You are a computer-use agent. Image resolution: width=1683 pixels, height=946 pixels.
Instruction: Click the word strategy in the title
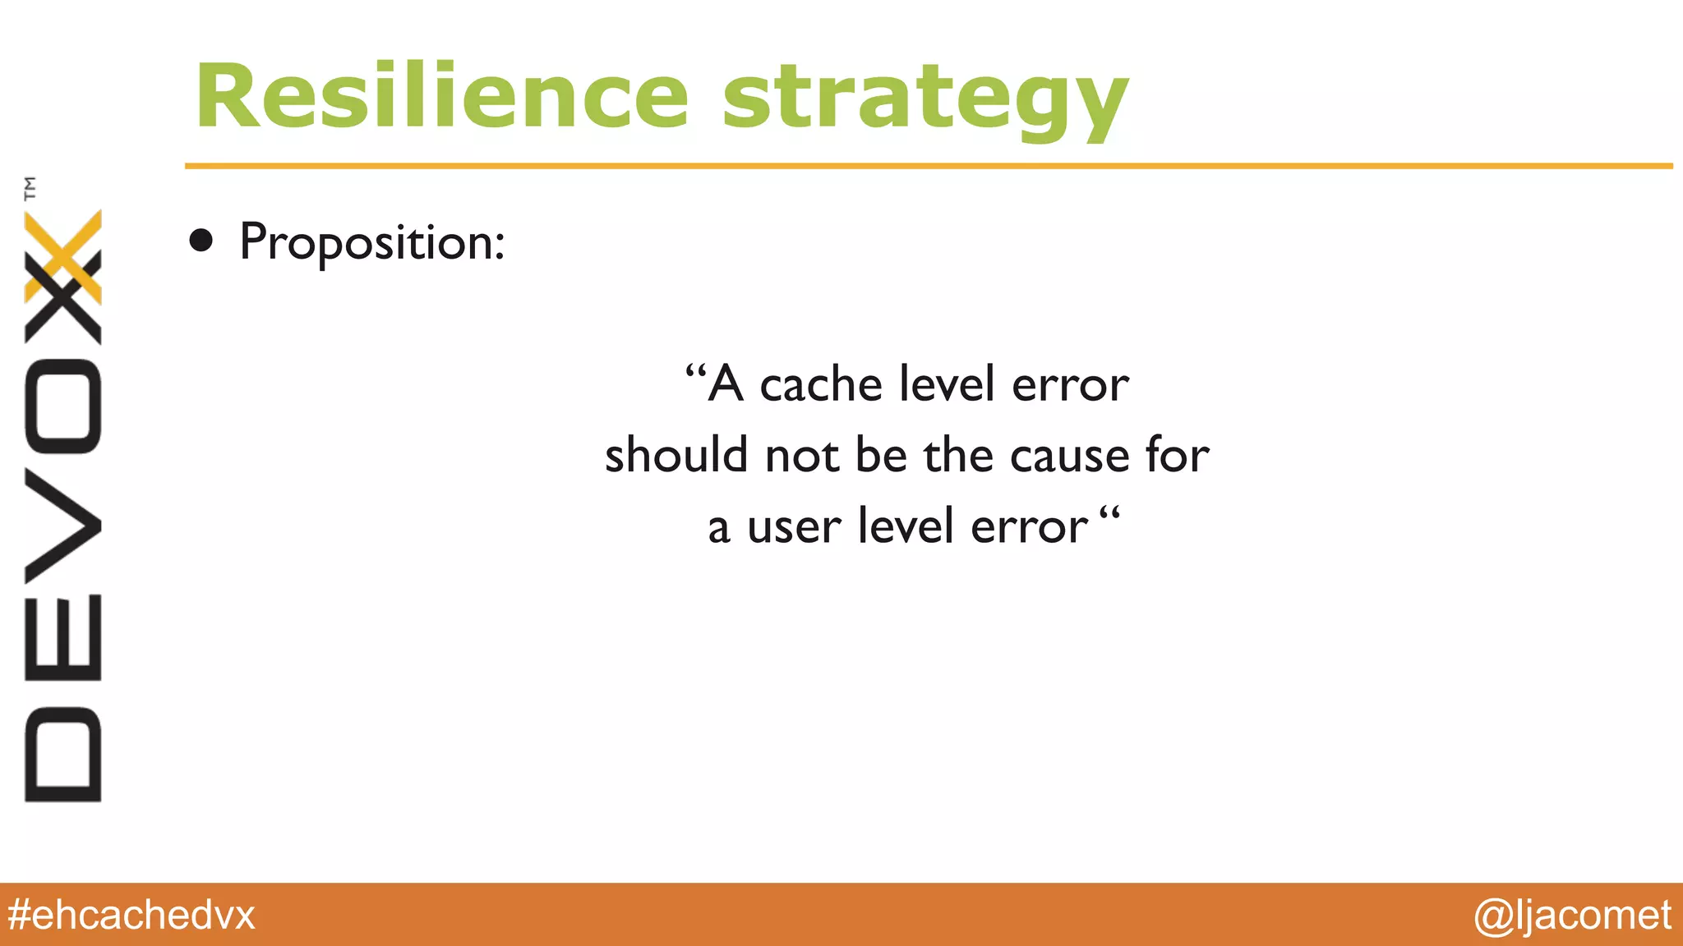(x=924, y=101)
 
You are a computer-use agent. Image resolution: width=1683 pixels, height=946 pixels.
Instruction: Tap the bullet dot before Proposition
(x=201, y=241)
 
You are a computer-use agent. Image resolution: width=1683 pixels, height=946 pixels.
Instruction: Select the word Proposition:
(x=371, y=243)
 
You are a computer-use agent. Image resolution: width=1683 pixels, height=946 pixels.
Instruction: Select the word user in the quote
(x=794, y=526)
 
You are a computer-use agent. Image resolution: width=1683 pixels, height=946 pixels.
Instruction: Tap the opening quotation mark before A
(x=695, y=374)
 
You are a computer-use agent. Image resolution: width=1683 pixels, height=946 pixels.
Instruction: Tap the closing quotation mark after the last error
(x=1109, y=517)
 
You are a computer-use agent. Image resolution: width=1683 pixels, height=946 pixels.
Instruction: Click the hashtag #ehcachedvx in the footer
(x=131, y=915)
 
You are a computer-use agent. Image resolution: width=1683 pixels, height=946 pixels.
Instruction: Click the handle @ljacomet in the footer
(x=1572, y=915)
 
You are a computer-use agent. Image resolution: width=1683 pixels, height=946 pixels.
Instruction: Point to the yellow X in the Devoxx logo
(x=64, y=256)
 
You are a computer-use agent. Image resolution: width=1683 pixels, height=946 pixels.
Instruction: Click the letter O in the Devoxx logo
(x=63, y=406)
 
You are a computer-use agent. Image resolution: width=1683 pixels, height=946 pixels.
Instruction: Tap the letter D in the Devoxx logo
(x=63, y=754)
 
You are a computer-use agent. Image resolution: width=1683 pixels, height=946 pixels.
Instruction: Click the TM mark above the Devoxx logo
(x=30, y=188)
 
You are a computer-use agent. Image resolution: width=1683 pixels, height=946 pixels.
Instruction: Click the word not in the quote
(x=802, y=456)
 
